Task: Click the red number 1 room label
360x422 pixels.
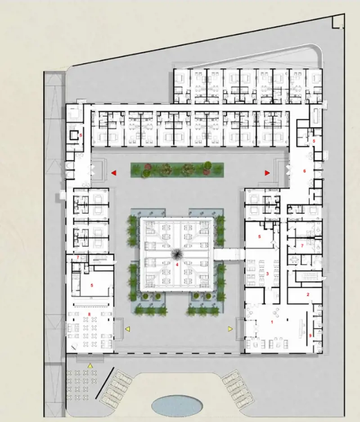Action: [x=272, y=322]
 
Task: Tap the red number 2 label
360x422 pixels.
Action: [x=308, y=294]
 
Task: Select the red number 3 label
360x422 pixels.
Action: [x=267, y=274]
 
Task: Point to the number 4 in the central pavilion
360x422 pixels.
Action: [x=177, y=265]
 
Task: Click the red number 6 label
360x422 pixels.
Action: [x=305, y=171]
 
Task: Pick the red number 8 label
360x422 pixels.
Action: [x=90, y=314]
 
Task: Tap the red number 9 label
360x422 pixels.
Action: [x=310, y=336]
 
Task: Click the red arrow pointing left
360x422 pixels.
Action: [x=114, y=173]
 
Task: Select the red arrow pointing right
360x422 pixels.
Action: [x=267, y=173]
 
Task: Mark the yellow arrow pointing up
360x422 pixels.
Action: [x=90, y=366]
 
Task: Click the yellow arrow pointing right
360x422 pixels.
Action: [x=230, y=329]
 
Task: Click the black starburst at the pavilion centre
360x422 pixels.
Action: [x=177, y=254]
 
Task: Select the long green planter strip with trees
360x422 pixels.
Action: [x=177, y=170]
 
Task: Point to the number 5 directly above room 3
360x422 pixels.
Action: [x=260, y=237]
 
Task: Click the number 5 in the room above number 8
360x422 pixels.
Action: [x=92, y=285]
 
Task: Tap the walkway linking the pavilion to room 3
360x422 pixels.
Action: [x=229, y=255]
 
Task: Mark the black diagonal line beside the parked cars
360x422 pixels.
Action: [x=104, y=383]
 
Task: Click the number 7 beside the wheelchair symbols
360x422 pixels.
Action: [x=302, y=246]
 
